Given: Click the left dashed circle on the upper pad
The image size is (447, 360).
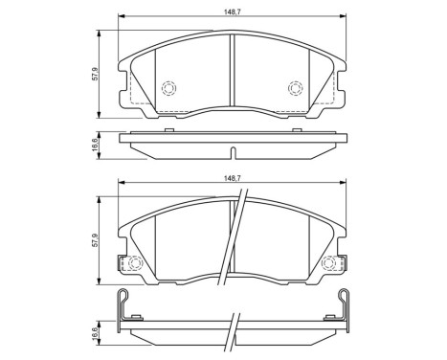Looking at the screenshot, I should tap(168, 89).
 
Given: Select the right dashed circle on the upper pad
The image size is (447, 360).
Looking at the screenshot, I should tap(295, 89).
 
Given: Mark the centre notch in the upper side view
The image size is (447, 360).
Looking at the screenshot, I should tap(234, 151).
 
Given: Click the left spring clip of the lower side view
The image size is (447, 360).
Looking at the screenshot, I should tap(122, 305).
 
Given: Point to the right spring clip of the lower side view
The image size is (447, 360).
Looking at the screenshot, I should tap(345, 305).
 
